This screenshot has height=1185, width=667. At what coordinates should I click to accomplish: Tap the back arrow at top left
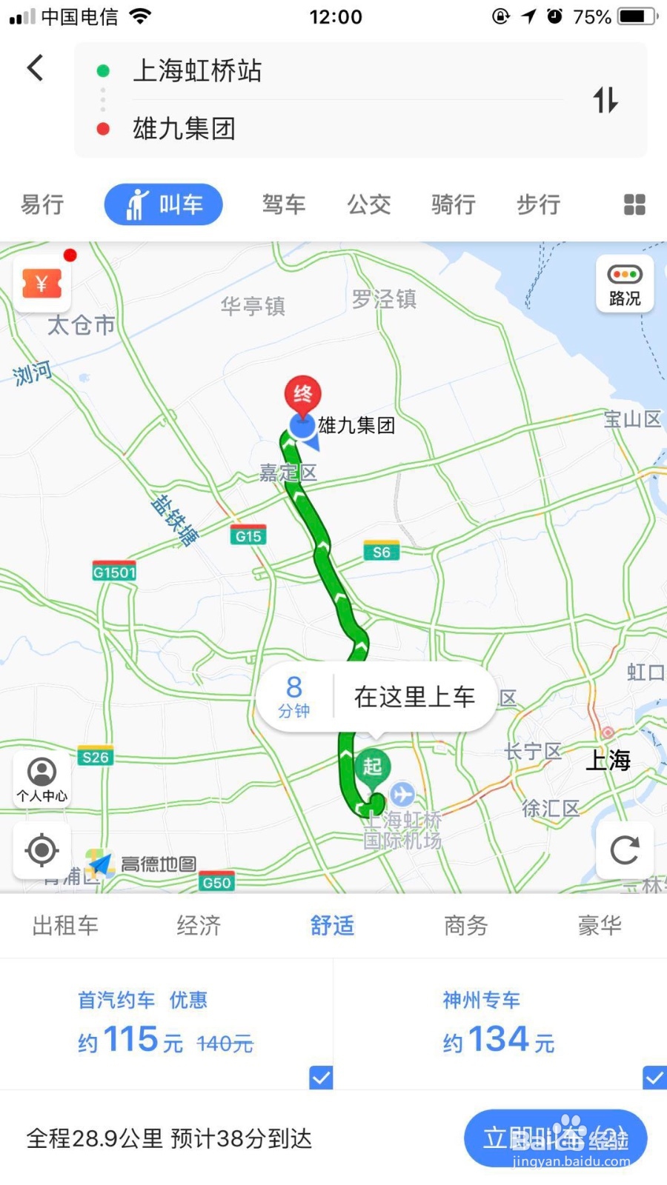point(35,68)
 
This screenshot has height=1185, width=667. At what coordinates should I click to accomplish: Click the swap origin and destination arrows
point(605,100)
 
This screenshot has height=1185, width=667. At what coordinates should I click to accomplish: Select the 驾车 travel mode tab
point(284,204)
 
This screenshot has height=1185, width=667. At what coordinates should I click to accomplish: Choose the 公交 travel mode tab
point(369,204)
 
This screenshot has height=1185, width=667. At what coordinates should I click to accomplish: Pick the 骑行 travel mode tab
point(454,204)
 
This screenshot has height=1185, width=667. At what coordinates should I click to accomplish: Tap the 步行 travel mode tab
point(538,204)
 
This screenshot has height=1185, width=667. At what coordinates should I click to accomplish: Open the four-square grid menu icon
point(634,204)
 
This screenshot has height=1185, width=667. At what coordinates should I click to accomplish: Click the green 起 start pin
point(372,767)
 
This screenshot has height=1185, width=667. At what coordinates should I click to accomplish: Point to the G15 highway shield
point(248,536)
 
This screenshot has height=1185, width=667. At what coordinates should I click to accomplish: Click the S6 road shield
point(381,552)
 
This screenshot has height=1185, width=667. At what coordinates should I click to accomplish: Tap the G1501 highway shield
point(114,572)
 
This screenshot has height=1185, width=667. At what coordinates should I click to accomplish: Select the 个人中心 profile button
point(42,779)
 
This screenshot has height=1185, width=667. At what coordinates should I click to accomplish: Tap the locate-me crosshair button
point(42,849)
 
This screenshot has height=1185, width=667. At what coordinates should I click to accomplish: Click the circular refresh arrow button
point(625,849)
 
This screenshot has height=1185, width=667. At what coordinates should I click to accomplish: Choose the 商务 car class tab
point(465,925)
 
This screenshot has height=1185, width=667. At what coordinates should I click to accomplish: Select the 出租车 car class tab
point(65,925)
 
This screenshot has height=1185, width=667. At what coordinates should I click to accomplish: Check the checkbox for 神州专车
point(654,1077)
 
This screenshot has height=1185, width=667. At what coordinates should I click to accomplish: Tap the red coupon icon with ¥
point(42,284)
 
